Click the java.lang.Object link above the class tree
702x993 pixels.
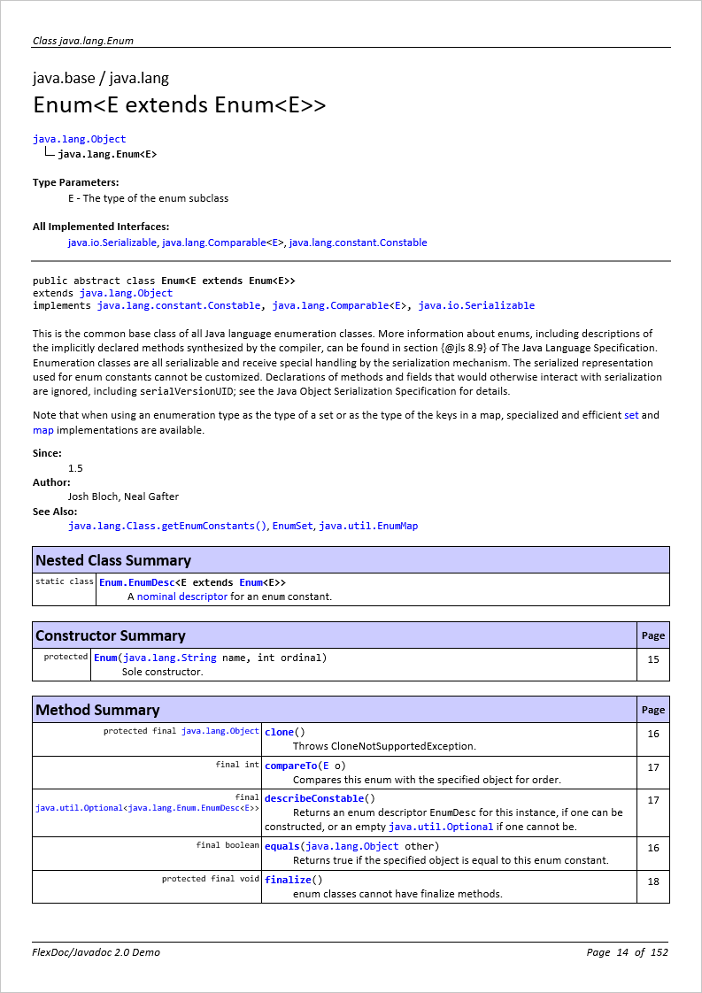click(x=79, y=139)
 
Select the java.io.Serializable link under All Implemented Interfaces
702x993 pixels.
click(x=112, y=242)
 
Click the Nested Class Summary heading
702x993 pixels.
click(x=112, y=560)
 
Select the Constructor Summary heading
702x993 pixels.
click(x=110, y=635)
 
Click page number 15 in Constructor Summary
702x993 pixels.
click(x=653, y=659)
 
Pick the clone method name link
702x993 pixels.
click(x=279, y=732)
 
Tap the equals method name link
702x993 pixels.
click(x=282, y=846)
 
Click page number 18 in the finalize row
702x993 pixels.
click(x=653, y=881)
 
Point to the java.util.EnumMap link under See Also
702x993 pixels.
click(x=368, y=526)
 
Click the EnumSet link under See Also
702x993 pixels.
click(x=292, y=526)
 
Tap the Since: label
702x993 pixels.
click(x=47, y=453)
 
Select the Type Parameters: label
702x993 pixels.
click(x=75, y=182)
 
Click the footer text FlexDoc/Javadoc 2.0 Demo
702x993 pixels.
click(x=96, y=952)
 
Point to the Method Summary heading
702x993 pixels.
click(x=97, y=710)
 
